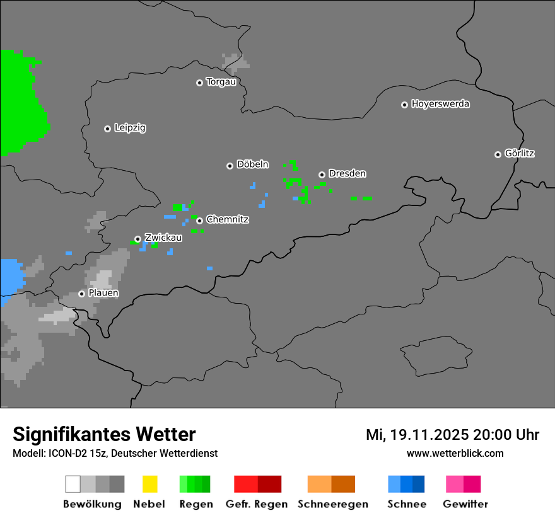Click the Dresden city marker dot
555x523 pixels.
click(x=322, y=175)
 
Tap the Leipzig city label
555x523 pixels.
click(x=130, y=128)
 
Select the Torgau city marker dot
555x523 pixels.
click(x=199, y=83)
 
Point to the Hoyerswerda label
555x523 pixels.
click(x=440, y=104)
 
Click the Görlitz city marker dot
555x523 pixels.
click(x=498, y=154)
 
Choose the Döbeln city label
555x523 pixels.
click(x=252, y=164)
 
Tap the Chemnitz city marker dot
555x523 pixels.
click(x=199, y=221)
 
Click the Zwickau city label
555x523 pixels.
click(x=163, y=238)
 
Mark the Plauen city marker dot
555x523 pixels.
click(x=81, y=294)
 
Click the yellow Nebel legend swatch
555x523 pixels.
click(x=149, y=484)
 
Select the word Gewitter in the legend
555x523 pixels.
click(x=465, y=504)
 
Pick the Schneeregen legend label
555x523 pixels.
click(x=333, y=504)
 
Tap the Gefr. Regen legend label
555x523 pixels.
click(x=257, y=504)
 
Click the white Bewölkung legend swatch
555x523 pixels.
click(x=73, y=484)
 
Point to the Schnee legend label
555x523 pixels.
click(x=407, y=504)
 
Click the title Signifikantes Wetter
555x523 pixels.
click(x=104, y=434)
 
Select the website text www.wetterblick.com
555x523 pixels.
click(x=455, y=453)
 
